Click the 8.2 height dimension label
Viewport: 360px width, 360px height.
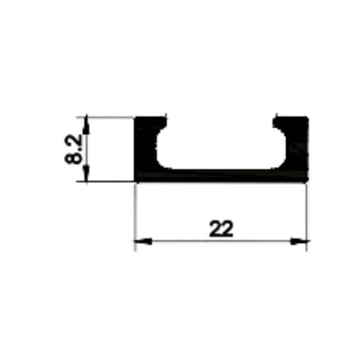(x=74, y=149)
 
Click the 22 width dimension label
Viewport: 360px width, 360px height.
(x=221, y=228)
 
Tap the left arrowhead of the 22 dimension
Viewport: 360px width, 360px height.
(x=143, y=241)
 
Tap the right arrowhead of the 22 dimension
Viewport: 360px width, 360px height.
(x=300, y=241)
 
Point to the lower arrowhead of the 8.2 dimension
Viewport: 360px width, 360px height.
(x=86, y=173)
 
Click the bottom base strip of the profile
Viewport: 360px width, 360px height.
(x=221, y=176)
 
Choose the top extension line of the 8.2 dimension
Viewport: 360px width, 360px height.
(x=105, y=117)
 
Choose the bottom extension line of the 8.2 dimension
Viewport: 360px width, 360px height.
(x=105, y=182)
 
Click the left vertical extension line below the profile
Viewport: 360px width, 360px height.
(x=136, y=217)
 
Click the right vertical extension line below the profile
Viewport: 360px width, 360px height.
(x=306, y=217)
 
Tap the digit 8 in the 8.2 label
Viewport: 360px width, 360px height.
(x=74, y=158)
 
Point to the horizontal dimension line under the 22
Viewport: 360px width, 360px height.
(x=221, y=241)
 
